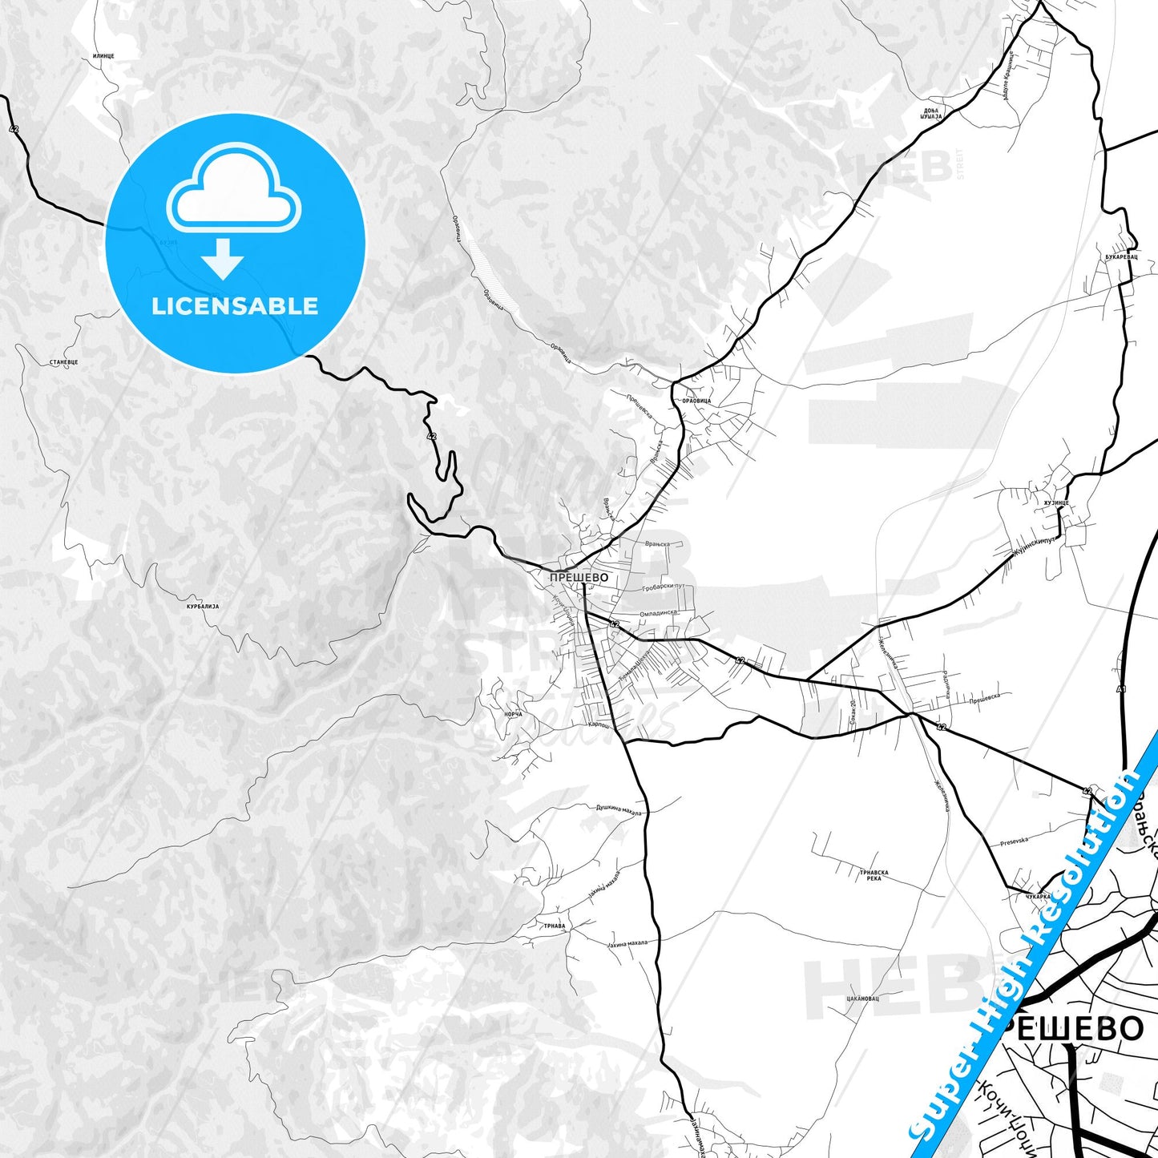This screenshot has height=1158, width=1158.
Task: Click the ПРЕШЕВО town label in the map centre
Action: (x=579, y=577)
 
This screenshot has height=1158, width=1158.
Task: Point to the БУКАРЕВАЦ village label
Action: (x=1121, y=257)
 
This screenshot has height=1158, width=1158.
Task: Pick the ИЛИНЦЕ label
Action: (x=104, y=56)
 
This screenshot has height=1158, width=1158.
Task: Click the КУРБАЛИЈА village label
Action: (x=202, y=607)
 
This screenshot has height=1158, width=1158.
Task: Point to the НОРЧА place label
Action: (x=514, y=714)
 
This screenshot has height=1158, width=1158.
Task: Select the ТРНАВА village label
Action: (x=555, y=926)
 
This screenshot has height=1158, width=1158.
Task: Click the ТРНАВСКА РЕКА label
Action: (x=874, y=875)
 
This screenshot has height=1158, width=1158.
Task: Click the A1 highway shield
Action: (x=1121, y=689)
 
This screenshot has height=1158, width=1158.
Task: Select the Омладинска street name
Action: (x=659, y=613)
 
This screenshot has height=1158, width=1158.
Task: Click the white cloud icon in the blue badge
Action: (x=234, y=192)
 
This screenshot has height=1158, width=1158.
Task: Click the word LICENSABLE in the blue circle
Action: (x=235, y=305)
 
